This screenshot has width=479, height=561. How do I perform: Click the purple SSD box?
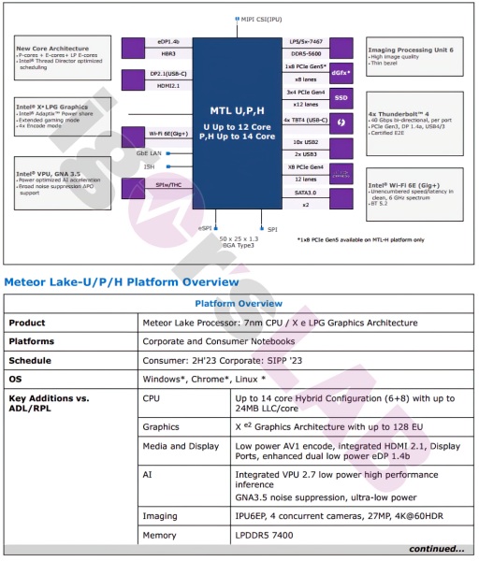point(341,97)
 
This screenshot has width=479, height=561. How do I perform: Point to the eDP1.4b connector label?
point(168,41)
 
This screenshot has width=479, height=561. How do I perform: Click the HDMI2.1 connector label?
point(168,86)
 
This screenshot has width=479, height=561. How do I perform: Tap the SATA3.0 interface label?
point(306,192)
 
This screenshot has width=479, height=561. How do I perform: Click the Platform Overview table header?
point(239,304)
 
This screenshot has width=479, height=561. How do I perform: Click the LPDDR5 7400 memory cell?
point(265,534)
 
